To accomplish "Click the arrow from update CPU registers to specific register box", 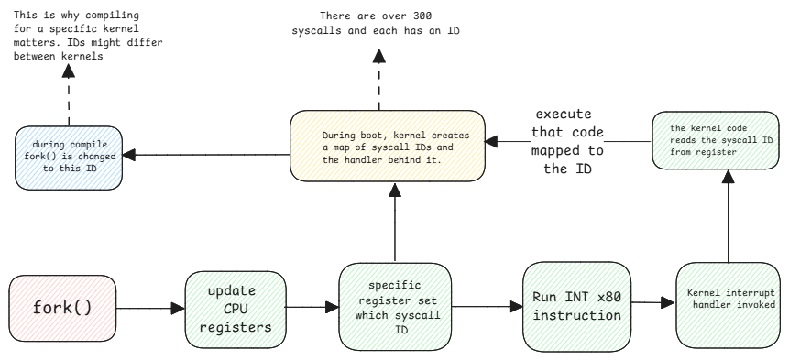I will (307, 309).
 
